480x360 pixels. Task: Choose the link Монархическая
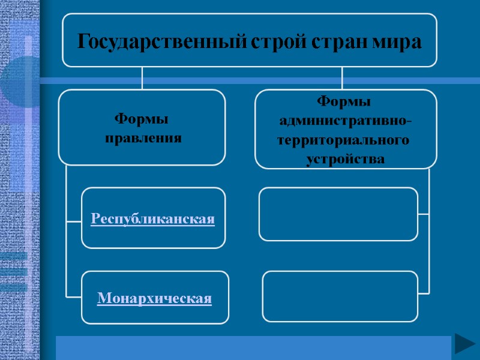pyautogui.click(x=155, y=298)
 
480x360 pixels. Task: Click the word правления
pyautogui.click(x=143, y=139)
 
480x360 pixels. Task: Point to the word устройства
pyautogui.click(x=345, y=160)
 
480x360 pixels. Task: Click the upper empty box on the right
pyautogui.click(x=338, y=214)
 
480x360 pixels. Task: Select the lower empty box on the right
pyautogui.click(x=340, y=296)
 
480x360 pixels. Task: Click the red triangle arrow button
pyautogui.click(x=464, y=344)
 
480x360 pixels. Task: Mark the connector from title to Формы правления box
pyautogui.click(x=142, y=78)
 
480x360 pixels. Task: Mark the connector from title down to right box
pyautogui.click(x=342, y=78)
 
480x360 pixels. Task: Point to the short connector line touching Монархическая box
pyautogui.click(x=73, y=296)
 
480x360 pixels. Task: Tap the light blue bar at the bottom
pyautogui.click(x=252, y=347)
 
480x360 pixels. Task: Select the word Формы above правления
pyautogui.click(x=142, y=119)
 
